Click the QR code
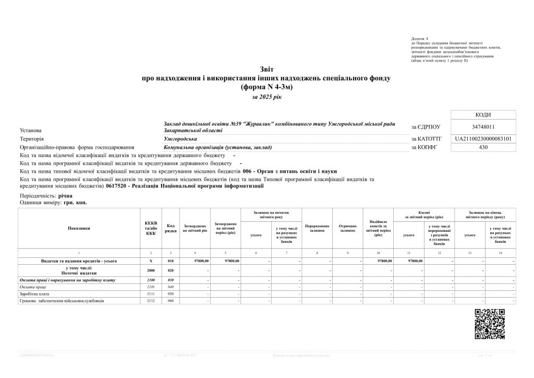pos(490,324)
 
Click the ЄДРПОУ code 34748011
pos(482,126)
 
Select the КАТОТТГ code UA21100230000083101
pos(482,139)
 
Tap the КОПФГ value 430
pos(482,148)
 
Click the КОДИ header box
pos(482,115)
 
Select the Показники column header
pos(79,228)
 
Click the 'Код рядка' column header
pos(170,228)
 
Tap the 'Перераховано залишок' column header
pos(317,228)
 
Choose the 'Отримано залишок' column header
pos(347,228)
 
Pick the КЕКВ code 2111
pos(151,294)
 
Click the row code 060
pos(170,301)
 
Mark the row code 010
pos(170,261)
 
